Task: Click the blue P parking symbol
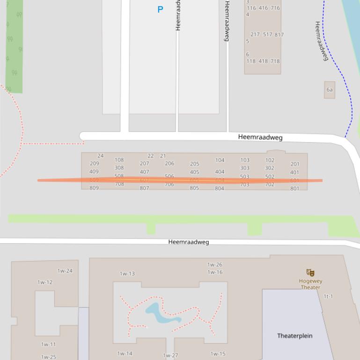(160, 9)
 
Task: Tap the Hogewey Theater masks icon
(310, 273)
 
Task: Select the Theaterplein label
(294, 336)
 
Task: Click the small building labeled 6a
(330, 90)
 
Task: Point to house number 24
(100, 156)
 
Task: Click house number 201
(294, 164)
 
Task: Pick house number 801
(294, 189)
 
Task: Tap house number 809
(94, 188)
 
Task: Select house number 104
(220, 160)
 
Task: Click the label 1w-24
(65, 271)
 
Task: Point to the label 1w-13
(127, 274)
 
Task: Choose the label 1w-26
(215, 265)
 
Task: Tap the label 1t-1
(328, 296)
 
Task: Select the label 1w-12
(45, 282)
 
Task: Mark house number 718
(275, 61)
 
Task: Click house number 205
(194, 164)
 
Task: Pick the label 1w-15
(218, 354)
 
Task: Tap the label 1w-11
(48, 345)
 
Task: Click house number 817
(279, 35)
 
